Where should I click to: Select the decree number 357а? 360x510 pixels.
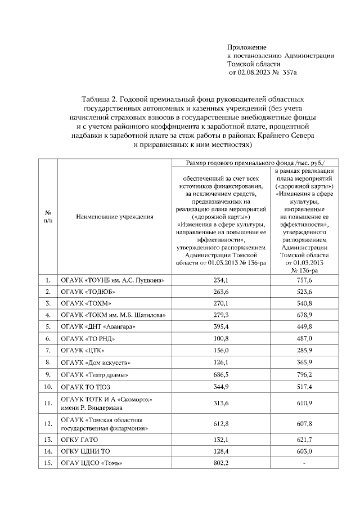pyautogui.click(x=289, y=73)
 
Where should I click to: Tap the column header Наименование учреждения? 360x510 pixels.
pyautogui.click(x=106, y=216)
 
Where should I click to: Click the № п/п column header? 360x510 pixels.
pyautogui.click(x=48, y=216)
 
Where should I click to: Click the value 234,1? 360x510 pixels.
pyautogui.click(x=220, y=280)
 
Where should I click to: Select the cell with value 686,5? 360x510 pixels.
pyautogui.click(x=220, y=374)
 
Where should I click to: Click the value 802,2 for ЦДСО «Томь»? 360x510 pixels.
pyautogui.click(x=220, y=463)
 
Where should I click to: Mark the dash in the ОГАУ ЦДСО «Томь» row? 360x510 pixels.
pyautogui.click(x=304, y=463)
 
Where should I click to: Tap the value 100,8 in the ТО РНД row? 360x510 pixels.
pyautogui.click(x=220, y=339)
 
